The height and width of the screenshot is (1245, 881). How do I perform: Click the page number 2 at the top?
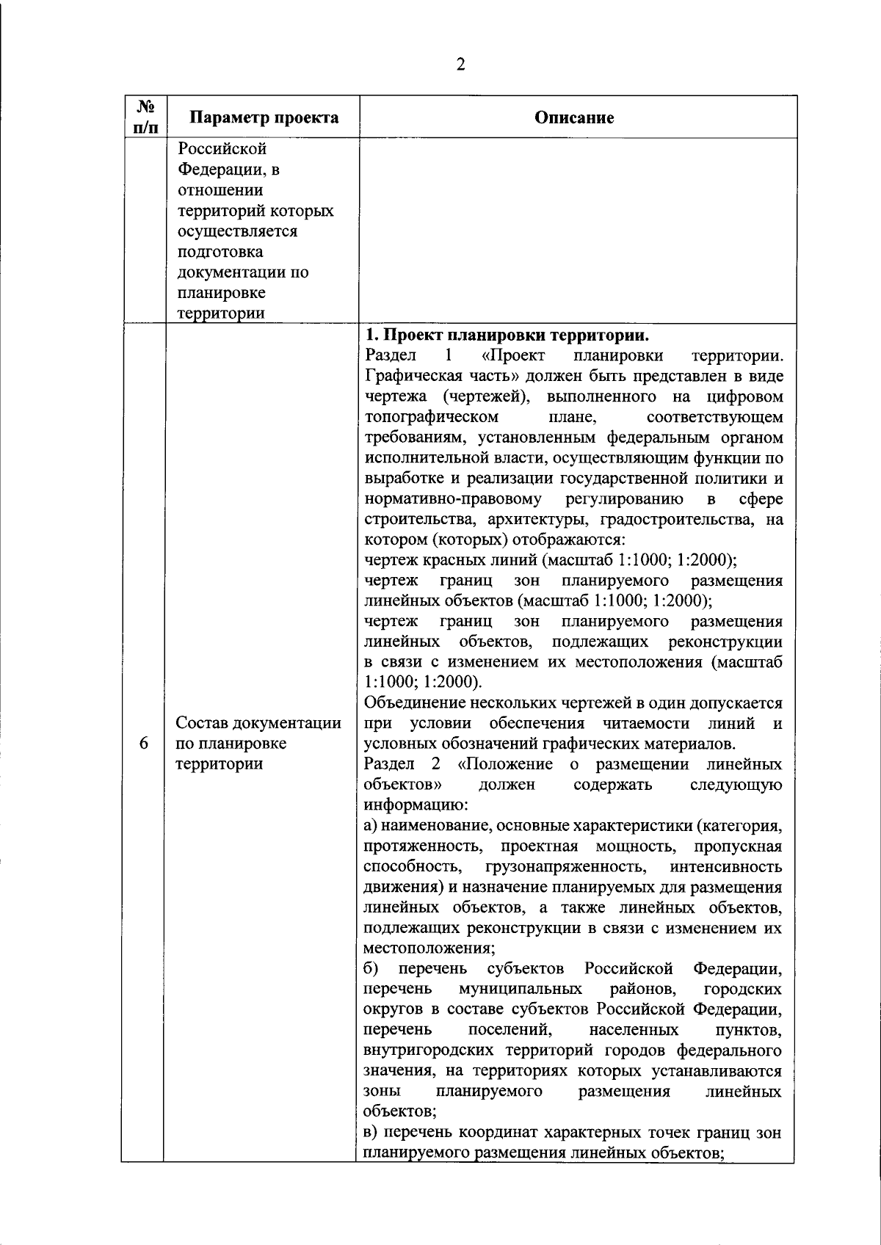(x=460, y=65)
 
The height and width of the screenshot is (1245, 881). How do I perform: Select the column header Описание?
(x=574, y=117)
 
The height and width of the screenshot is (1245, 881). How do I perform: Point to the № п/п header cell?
(x=144, y=117)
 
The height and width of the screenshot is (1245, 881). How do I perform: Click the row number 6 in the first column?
(x=144, y=743)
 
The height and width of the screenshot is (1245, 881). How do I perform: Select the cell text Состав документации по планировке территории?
(x=258, y=743)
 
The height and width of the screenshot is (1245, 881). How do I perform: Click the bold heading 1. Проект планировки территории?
(x=507, y=335)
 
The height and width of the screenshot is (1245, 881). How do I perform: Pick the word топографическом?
(x=431, y=418)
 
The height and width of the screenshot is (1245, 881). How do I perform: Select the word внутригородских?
(x=422, y=1050)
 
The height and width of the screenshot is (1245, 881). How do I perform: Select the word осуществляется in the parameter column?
(x=237, y=231)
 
